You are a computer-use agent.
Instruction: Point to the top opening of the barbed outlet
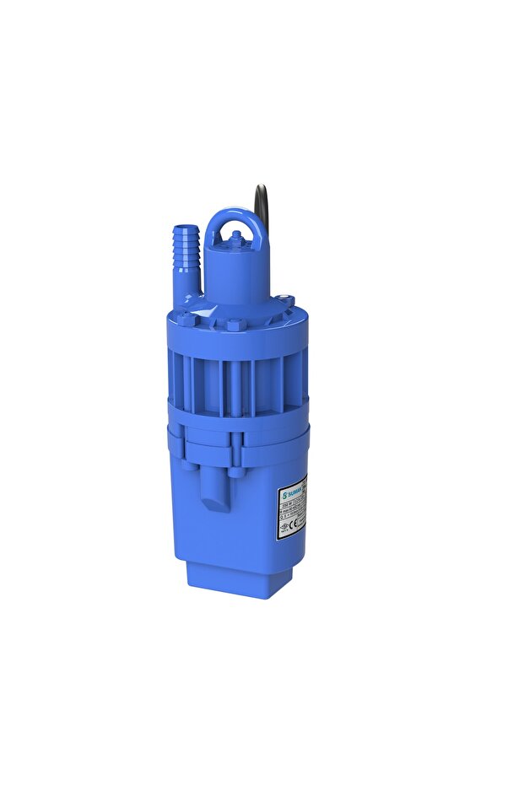point(186,227)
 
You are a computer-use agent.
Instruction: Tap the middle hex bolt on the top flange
point(234,325)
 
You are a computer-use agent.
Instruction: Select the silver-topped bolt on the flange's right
point(287,299)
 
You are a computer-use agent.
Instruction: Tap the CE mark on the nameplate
point(292,524)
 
